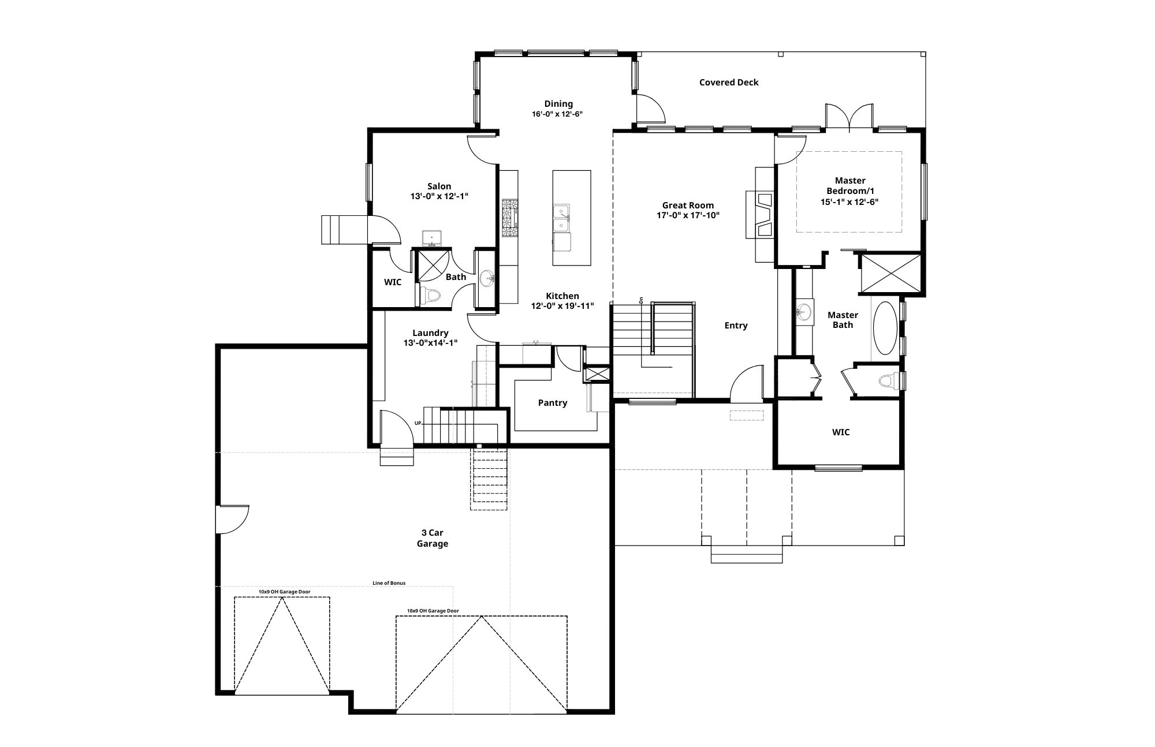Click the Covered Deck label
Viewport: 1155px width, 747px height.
coord(729,83)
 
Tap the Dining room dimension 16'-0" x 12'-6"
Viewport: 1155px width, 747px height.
coord(557,114)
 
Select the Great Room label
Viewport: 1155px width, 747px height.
coord(688,206)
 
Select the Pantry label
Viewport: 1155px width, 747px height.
coord(553,403)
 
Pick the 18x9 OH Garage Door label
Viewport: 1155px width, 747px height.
coord(433,611)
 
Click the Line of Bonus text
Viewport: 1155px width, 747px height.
coord(389,583)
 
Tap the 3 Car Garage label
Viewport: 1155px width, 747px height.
coord(433,538)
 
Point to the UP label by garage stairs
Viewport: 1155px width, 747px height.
coord(418,423)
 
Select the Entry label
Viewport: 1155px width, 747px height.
coord(736,326)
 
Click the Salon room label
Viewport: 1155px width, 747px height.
coord(439,186)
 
